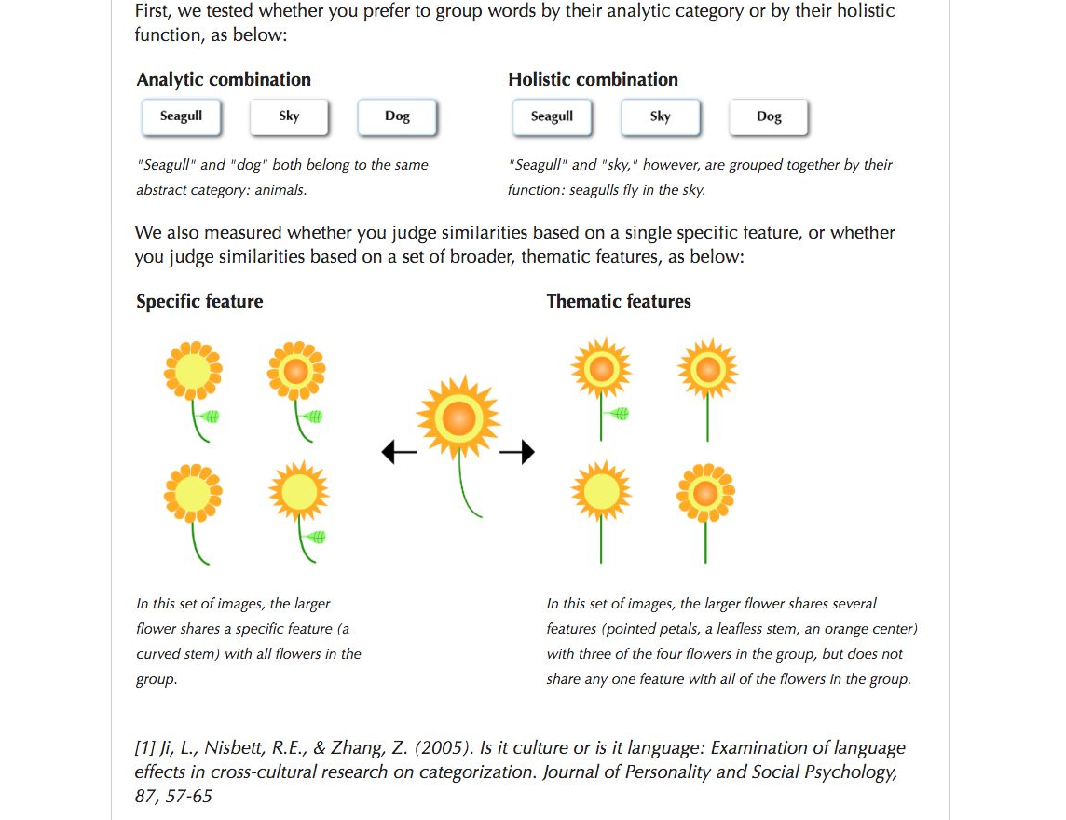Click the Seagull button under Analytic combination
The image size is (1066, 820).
tap(181, 116)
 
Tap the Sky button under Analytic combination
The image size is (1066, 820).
tap(289, 116)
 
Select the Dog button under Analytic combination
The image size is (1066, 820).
tap(397, 116)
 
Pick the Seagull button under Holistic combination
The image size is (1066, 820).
tap(552, 116)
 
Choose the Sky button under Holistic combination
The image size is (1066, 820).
tap(660, 116)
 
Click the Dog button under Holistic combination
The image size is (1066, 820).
tap(769, 116)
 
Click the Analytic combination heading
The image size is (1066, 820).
tap(224, 80)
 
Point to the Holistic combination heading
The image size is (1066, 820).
tap(593, 80)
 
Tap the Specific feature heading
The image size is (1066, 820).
tap(199, 302)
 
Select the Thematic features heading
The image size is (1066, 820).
tap(619, 302)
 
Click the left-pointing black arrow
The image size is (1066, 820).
tap(399, 453)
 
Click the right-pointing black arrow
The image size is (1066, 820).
tap(517, 453)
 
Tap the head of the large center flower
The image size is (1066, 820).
tap(458, 417)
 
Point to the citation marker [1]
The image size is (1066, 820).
tap(145, 748)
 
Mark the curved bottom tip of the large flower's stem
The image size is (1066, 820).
tap(479, 514)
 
